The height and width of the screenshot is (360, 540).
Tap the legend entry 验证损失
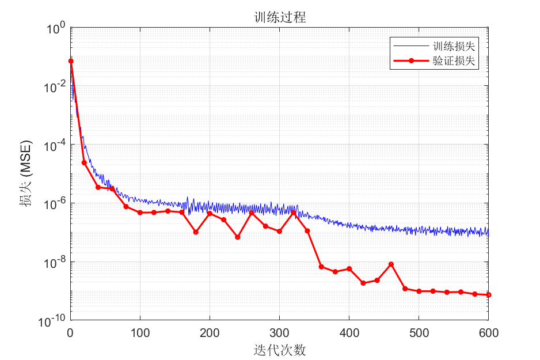(453, 61)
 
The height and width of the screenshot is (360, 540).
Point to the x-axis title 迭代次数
(279, 350)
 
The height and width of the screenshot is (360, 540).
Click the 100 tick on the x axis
(140, 332)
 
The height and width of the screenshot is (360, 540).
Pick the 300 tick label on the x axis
(279, 332)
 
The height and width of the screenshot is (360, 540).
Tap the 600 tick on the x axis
(488, 332)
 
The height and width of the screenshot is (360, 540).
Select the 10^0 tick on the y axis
(55, 28)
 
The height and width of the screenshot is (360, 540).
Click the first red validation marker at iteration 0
(70, 61)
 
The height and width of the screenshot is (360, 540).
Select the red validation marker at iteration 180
(196, 232)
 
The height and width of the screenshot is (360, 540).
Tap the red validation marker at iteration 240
(238, 237)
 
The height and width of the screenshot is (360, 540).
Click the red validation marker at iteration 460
(391, 264)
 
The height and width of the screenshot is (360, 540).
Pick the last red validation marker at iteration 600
(488, 295)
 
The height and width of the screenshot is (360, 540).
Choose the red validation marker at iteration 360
(321, 267)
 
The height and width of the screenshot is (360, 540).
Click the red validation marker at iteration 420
(363, 283)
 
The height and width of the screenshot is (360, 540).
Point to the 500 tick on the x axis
(419, 332)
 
